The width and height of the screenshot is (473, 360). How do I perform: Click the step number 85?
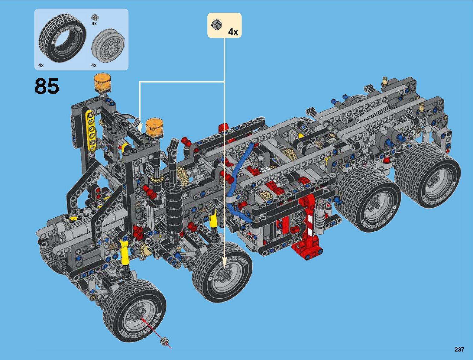(x=47, y=86)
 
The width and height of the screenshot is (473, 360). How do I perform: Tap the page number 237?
(x=459, y=349)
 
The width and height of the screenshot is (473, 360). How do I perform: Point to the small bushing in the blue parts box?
(x=94, y=17)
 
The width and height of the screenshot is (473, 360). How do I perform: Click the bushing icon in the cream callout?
(x=217, y=24)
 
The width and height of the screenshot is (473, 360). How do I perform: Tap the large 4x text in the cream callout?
(x=233, y=32)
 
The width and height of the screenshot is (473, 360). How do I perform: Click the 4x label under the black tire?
(x=41, y=65)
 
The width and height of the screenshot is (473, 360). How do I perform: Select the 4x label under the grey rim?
(x=94, y=65)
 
